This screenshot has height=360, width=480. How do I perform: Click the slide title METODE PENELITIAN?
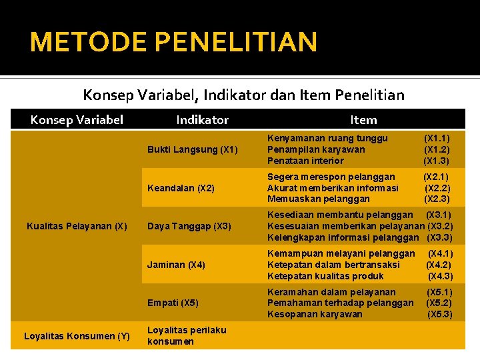(x=173, y=42)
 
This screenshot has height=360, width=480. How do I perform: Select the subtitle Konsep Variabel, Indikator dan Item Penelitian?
(x=243, y=95)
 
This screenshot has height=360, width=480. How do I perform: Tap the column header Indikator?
(x=202, y=120)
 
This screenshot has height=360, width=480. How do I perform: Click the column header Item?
(x=363, y=120)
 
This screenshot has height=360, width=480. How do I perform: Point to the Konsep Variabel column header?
(x=77, y=120)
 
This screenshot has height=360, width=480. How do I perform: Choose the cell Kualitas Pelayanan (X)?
(x=77, y=226)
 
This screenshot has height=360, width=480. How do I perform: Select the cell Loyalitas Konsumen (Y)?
(x=77, y=336)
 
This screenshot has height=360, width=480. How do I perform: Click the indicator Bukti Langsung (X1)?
(x=192, y=149)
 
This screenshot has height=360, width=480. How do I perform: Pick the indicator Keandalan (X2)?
(x=181, y=188)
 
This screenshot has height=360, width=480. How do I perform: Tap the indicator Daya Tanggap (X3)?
(x=189, y=226)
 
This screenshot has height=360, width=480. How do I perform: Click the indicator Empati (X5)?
(x=173, y=303)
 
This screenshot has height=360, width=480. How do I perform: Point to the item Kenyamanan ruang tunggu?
(x=327, y=138)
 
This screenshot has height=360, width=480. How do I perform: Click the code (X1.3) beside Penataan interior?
(x=437, y=161)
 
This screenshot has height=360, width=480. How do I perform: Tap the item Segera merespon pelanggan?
(x=331, y=177)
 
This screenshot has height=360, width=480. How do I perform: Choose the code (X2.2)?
(x=437, y=188)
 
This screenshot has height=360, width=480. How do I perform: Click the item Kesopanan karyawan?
(x=315, y=314)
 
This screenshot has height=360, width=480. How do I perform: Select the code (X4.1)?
(x=440, y=253)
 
